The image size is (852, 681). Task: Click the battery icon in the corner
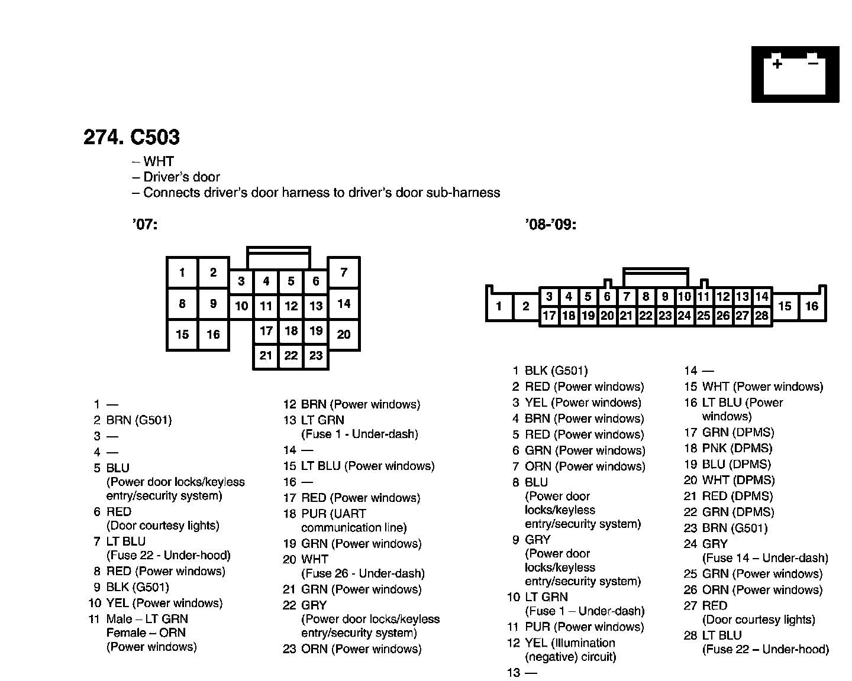pyautogui.click(x=795, y=74)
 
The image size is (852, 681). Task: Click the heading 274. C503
pyautogui.click(x=131, y=137)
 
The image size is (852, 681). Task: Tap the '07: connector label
pyautogui.click(x=145, y=225)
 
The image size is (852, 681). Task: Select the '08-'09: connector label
pyautogui.click(x=550, y=225)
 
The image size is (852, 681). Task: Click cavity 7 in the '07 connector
pyautogui.click(x=344, y=273)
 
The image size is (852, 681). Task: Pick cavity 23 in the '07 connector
pyautogui.click(x=316, y=356)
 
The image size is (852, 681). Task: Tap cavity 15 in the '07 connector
pyautogui.click(x=182, y=335)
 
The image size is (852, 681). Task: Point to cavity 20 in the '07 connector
pyautogui.click(x=344, y=335)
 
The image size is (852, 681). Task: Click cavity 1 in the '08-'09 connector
pyautogui.click(x=499, y=306)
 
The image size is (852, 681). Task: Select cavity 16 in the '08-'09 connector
pyautogui.click(x=812, y=306)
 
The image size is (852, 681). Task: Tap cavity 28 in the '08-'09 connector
pyautogui.click(x=762, y=316)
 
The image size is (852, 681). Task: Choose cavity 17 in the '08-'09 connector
pyautogui.click(x=549, y=316)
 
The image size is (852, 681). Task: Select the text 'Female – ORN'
pyautogui.click(x=146, y=633)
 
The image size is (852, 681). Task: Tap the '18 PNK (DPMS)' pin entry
pyautogui.click(x=728, y=449)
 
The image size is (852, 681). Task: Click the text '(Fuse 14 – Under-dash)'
pyautogui.click(x=765, y=558)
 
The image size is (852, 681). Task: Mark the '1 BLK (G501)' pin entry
pyautogui.click(x=550, y=371)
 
